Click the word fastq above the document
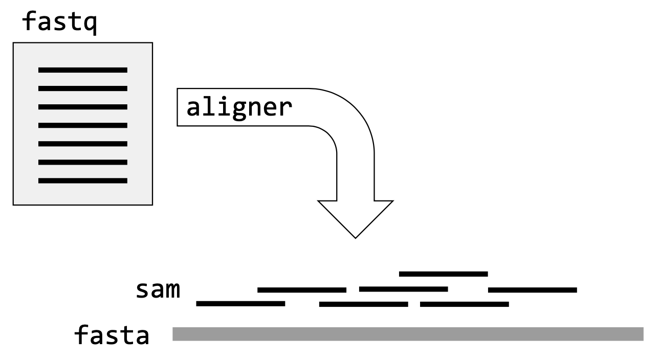[59, 23]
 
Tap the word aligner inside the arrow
[239, 107]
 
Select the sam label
[158, 289]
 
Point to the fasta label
[112, 335]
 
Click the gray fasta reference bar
[408, 334]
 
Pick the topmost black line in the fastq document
[83, 70]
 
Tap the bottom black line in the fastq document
[83, 181]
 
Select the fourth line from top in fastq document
[83, 125]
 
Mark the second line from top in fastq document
[83, 88]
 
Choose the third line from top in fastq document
[83, 107]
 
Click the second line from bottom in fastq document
[83, 162]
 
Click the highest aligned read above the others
[443, 274]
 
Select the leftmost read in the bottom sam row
[240, 304]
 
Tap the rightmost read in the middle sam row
[533, 290]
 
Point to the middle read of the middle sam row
[404, 289]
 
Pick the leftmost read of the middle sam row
[302, 290]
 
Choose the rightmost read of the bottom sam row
[465, 304]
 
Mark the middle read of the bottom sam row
[364, 304]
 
